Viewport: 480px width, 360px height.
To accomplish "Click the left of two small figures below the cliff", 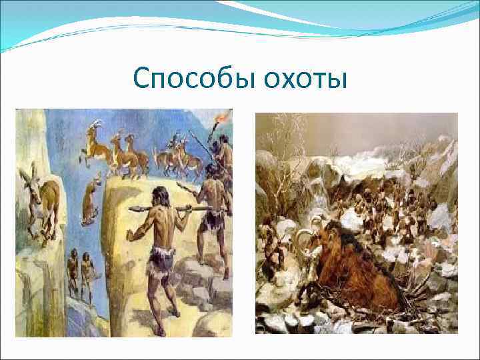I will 72,273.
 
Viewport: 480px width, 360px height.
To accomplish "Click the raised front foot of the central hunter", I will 175,311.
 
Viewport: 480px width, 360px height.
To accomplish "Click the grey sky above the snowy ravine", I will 373,127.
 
